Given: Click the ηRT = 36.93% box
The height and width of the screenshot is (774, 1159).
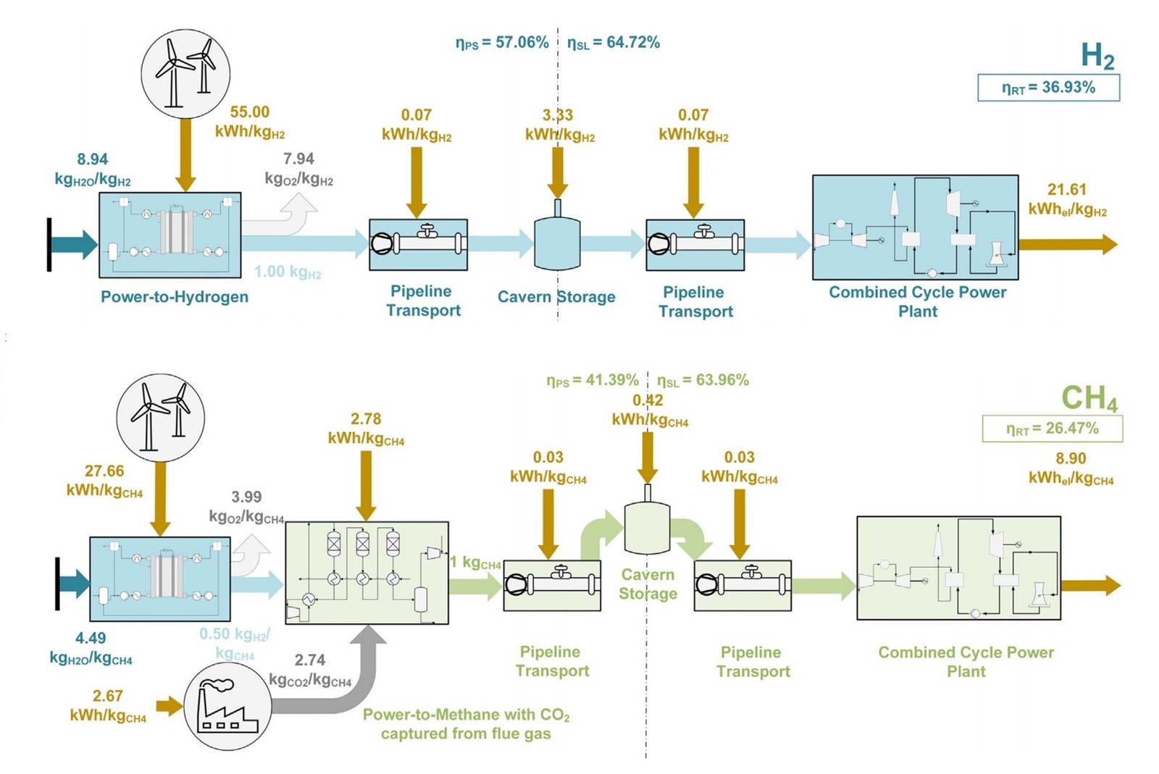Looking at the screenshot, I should pyautogui.click(x=1047, y=88).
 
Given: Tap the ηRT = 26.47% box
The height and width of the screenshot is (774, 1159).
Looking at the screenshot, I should pyautogui.click(x=1052, y=429).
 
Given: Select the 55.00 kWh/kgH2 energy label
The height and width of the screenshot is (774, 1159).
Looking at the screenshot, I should pyautogui.click(x=250, y=122).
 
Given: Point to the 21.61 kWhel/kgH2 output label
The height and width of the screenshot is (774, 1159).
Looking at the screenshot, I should pyautogui.click(x=1067, y=199).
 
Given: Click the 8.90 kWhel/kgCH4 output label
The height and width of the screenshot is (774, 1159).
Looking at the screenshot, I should pyautogui.click(x=1071, y=468).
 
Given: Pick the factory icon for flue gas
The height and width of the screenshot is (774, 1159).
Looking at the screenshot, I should pyautogui.click(x=227, y=707).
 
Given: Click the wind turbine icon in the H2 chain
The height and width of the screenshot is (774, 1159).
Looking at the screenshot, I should pyautogui.click(x=185, y=74).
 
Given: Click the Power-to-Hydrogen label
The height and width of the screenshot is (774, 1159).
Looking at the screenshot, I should pyautogui.click(x=175, y=297).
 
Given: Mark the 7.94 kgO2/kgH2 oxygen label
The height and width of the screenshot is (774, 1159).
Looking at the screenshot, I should pyautogui.click(x=298, y=168).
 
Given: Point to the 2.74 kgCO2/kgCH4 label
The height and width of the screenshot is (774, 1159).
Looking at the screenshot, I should pyautogui.click(x=310, y=670).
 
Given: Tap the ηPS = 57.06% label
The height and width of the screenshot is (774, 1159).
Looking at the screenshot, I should pyautogui.click(x=502, y=43).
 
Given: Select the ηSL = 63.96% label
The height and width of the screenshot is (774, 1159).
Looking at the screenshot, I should pyautogui.click(x=703, y=381).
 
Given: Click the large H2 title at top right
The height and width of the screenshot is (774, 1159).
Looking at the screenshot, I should pyautogui.click(x=1097, y=56).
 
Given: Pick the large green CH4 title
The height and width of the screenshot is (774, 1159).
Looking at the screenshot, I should pyautogui.click(x=1089, y=398).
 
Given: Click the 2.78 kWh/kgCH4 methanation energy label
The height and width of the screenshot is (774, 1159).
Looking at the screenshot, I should pyautogui.click(x=366, y=429).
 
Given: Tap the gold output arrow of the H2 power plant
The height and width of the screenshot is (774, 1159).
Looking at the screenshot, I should pyautogui.click(x=1068, y=244).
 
